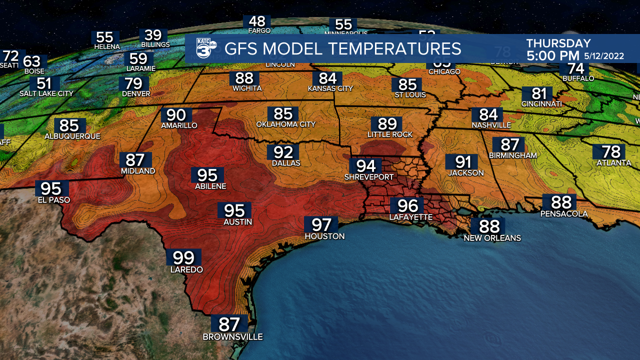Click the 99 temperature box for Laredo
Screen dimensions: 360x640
(183, 257)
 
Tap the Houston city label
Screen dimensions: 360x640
(324, 236)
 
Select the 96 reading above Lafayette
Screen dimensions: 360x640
(407, 205)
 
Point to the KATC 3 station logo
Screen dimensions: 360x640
(205, 49)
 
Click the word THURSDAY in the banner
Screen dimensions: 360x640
(558, 43)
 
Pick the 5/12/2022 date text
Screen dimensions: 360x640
(604, 56)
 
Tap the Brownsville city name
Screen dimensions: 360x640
(232, 337)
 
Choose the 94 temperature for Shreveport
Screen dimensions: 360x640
(365, 165)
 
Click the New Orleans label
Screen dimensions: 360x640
(492, 238)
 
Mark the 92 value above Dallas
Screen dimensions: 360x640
(283, 152)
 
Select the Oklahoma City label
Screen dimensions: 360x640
(285, 124)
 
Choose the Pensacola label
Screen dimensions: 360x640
(563, 214)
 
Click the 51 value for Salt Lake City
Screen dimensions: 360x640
(44, 83)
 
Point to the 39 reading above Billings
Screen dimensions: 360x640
(153, 35)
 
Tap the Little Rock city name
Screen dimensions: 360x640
(390, 134)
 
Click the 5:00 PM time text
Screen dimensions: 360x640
(552, 55)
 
